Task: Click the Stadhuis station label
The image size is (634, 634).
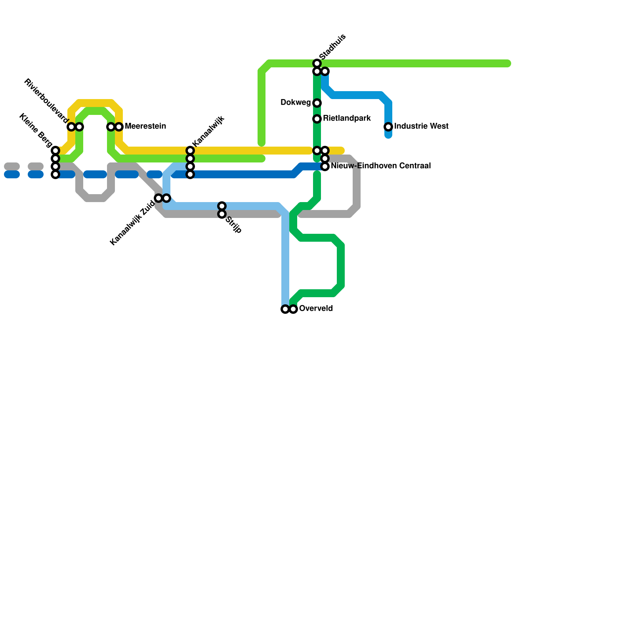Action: click(332, 47)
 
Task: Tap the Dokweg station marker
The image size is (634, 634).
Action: click(317, 103)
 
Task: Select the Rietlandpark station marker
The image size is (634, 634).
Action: click(317, 119)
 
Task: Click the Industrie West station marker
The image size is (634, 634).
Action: click(388, 127)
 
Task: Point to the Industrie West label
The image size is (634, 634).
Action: click(421, 126)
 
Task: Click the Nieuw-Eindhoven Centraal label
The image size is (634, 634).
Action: click(380, 166)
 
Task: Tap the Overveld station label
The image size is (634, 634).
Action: click(316, 309)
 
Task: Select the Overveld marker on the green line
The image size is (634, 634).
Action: click(293, 309)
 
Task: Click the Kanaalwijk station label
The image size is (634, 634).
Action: click(208, 131)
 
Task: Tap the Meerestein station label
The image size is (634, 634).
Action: click(145, 126)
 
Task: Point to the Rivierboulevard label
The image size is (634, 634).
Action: click(46, 101)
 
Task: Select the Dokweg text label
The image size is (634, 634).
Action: click(296, 103)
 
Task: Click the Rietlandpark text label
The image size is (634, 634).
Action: click(347, 118)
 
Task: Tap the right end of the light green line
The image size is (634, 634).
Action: click(508, 63)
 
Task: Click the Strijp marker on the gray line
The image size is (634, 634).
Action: click(222, 214)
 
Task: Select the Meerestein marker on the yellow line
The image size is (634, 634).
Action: click(119, 127)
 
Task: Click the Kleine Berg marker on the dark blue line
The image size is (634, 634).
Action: click(55, 174)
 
